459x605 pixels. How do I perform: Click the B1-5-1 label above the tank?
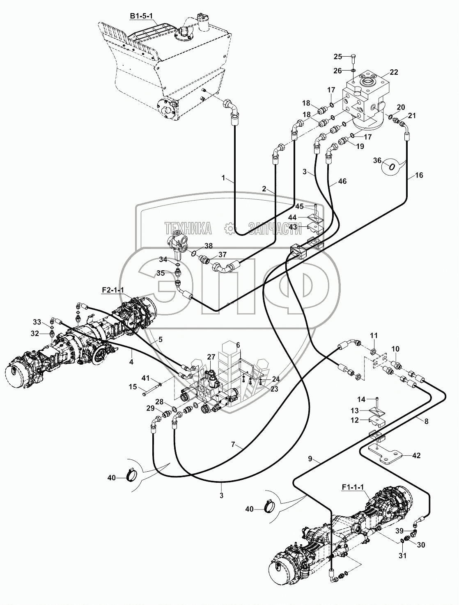coord(140,16)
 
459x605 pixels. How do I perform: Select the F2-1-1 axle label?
coord(112,290)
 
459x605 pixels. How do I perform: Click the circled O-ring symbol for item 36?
coord(392,166)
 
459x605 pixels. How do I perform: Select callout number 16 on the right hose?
coord(418,175)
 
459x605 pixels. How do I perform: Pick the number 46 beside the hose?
coord(342,181)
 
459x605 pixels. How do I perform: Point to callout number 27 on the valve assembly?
coord(211,357)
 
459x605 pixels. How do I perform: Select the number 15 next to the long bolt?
coord(133,386)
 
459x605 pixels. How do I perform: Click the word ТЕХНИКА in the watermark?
coord(188,228)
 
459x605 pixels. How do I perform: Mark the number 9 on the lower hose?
coord(314,460)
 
